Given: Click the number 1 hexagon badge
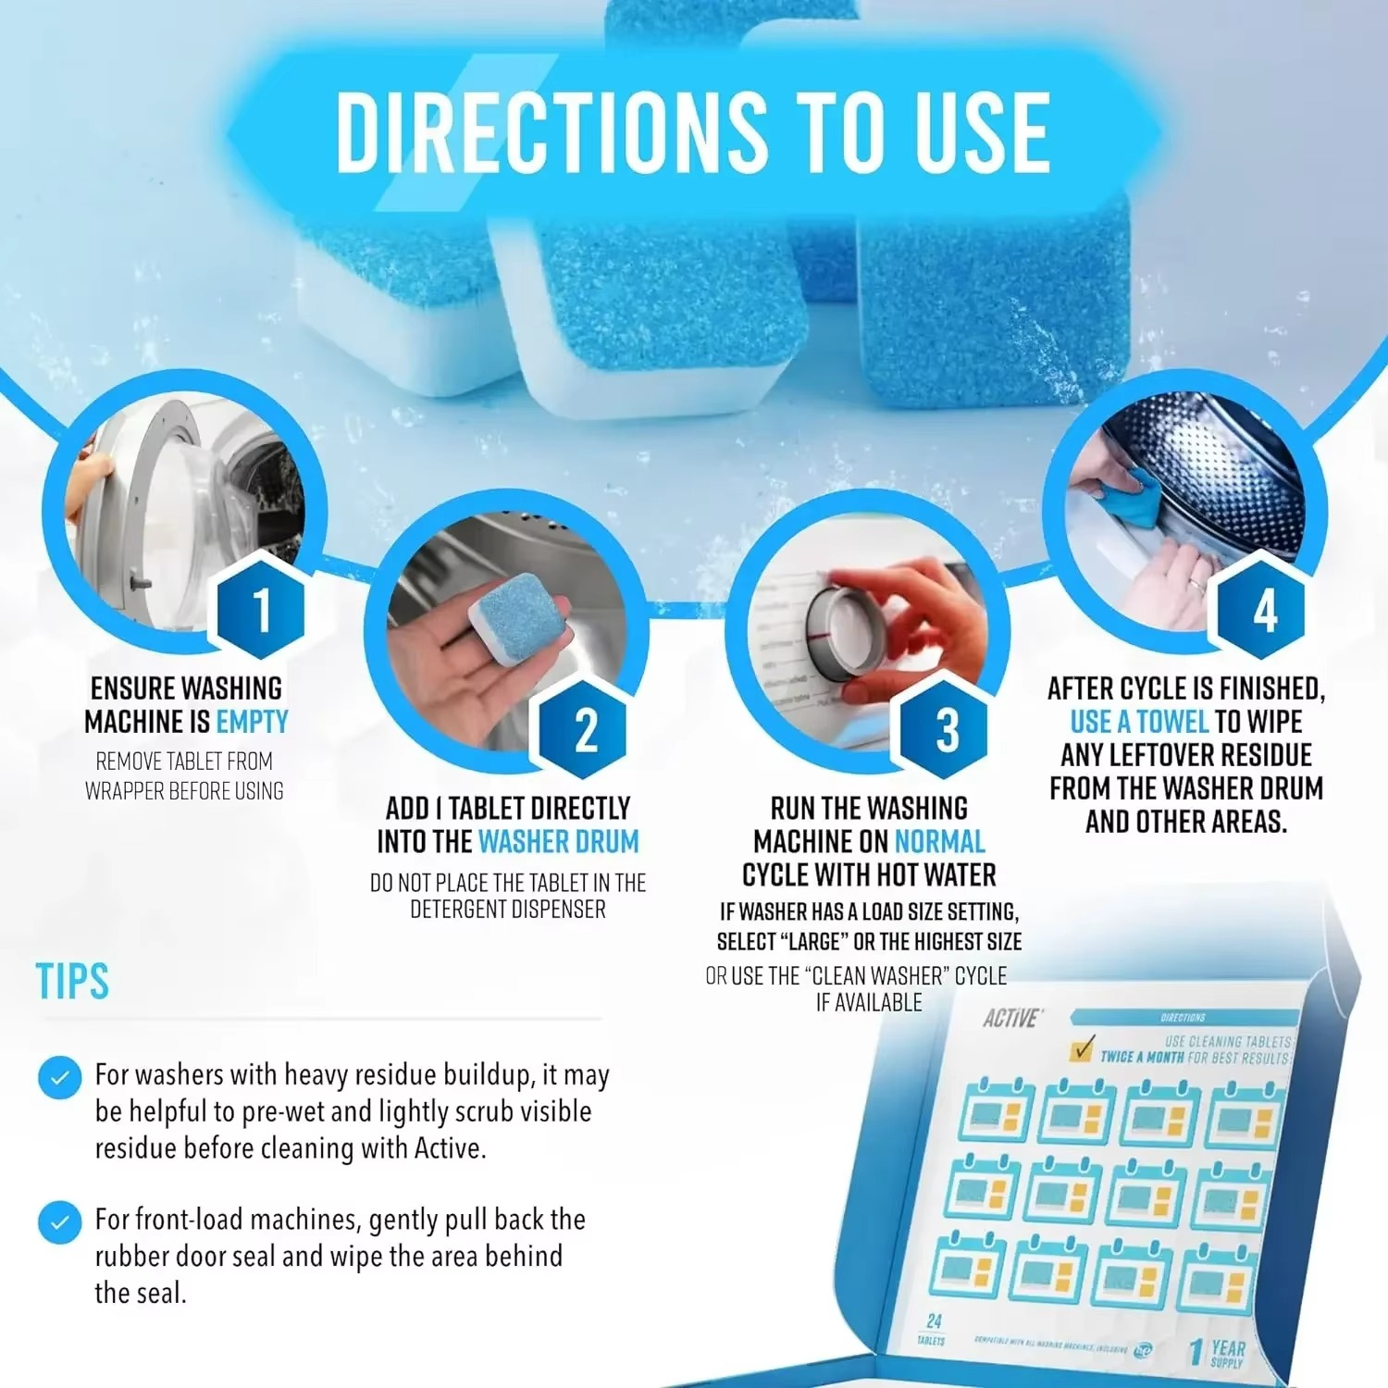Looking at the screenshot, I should tap(261, 609).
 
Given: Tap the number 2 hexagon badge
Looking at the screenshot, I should tap(586, 730).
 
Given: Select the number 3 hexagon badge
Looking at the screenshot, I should tap(947, 730).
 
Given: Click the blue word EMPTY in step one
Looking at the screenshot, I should tap(252, 722).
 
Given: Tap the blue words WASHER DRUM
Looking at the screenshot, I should tap(558, 842).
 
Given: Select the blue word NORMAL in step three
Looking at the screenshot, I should tap(939, 842).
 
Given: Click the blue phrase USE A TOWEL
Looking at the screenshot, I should tap(1139, 722).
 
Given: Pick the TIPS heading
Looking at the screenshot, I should tap(72, 981).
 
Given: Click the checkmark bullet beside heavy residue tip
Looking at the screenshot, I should tap(60, 1078).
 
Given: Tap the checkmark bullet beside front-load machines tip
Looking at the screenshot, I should tap(60, 1222).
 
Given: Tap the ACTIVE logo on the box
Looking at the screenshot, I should tap(1010, 1019).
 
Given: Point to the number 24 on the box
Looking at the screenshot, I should tap(934, 1321).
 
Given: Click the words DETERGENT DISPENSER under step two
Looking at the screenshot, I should tap(508, 911).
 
